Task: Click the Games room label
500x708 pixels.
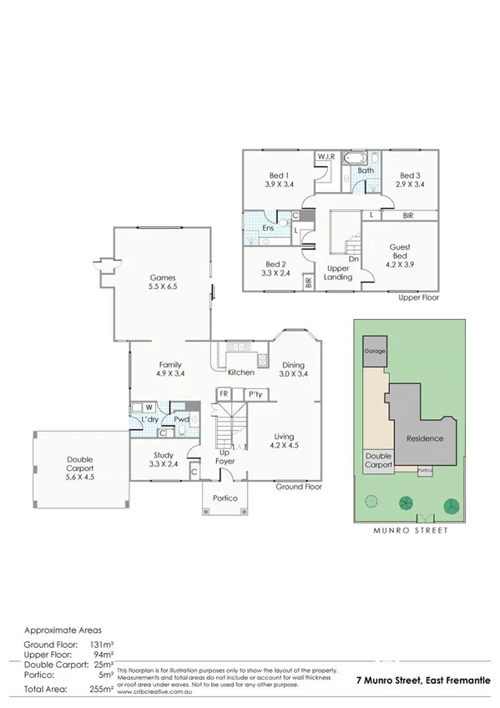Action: tap(162, 277)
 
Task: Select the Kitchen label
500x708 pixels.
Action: tap(241, 372)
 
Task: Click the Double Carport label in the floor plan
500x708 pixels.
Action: tap(80, 464)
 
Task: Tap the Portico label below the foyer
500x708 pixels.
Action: tap(225, 498)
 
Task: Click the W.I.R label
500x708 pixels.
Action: tap(326, 157)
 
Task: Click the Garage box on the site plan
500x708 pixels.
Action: tap(375, 351)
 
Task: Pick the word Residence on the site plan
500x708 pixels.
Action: tap(425, 438)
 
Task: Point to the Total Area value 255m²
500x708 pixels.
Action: tap(100, 690)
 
